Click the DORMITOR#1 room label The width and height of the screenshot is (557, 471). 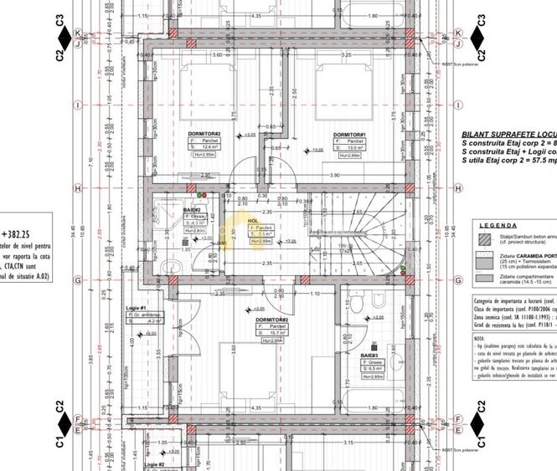point(349,135)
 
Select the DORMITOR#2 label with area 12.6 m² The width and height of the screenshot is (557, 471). point(204,134)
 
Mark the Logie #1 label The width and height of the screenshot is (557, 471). point(137,309)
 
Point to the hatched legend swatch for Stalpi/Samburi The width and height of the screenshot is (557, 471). point(484,239)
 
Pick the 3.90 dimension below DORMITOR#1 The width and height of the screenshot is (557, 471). point(333,175)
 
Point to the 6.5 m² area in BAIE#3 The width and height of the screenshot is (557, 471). point(374,368)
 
